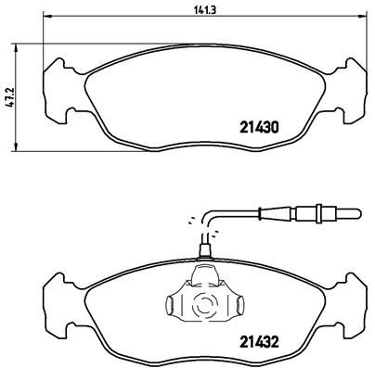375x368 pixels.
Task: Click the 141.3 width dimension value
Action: (204, 10)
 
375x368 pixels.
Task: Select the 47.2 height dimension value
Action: (10, 97)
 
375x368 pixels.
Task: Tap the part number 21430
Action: (259, 127)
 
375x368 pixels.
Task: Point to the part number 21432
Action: (259, 342)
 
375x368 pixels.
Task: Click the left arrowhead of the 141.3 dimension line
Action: (46, 17)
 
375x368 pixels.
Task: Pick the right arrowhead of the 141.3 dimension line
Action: (364, 17)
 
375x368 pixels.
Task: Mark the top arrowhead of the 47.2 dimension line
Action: (16, 48)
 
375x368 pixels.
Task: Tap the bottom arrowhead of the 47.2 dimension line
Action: (16, 147)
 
